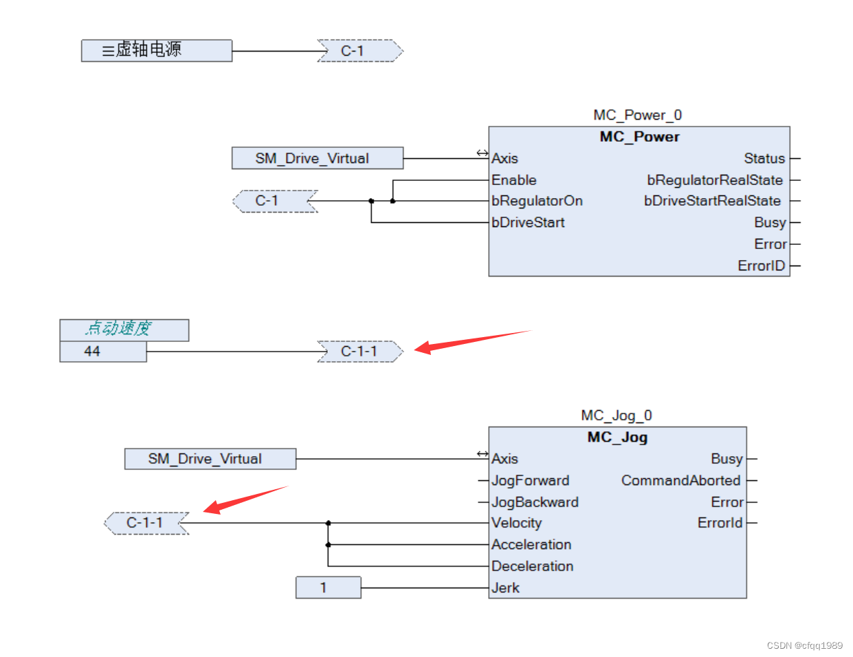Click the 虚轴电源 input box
point(156,50)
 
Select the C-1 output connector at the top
point(359,51)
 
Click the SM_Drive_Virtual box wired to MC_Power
point(317,158)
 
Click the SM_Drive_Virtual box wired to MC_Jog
point(210,459)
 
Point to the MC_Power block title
point(639,137)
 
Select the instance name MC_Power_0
point(637,115)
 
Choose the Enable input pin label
point(513,180)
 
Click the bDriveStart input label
point(528,223)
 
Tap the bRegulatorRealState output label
point(714,180)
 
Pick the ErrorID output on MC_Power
point(761,266)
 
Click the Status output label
point(764,158)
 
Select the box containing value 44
point(102,352)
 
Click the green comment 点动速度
point(118,329)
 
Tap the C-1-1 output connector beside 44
point(359,352)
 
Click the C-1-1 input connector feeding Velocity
point(146,523)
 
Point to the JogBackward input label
point(535,502)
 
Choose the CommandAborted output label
point(680,480)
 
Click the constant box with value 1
point(328,588)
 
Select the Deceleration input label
point(532,566)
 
